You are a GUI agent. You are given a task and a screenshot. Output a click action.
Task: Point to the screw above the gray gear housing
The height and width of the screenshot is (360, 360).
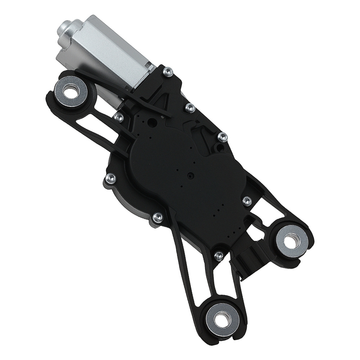pyautogui.click(x=111, y=177)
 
